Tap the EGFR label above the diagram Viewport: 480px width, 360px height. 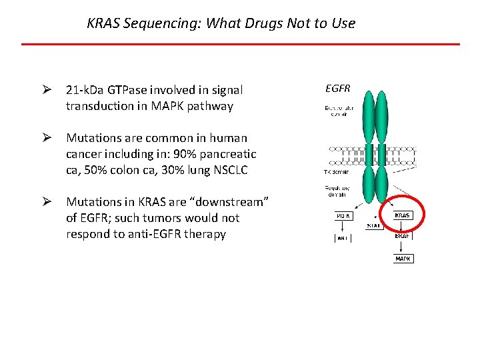(337, 88)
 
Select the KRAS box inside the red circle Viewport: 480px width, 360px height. (403, 216)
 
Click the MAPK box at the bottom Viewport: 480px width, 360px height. (403, 258)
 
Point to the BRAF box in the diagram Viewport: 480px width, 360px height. (403, 235)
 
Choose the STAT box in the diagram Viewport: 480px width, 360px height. (373, 225)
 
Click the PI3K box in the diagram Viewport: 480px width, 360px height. (342, 216)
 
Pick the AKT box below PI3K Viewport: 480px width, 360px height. (342, 236)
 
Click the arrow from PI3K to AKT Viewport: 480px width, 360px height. (342, 226)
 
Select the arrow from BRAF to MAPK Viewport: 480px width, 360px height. (403, 247)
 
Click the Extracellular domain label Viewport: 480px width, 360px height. (340, 111)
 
